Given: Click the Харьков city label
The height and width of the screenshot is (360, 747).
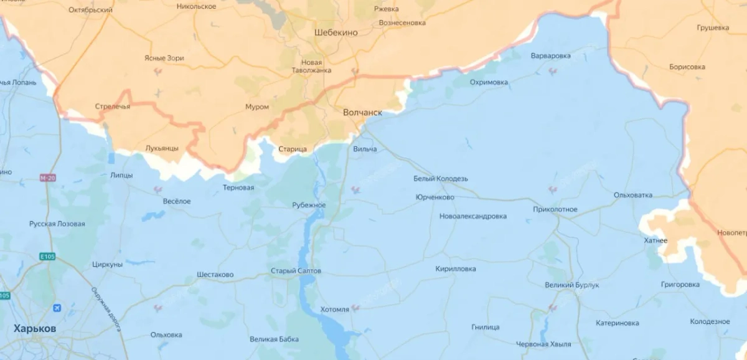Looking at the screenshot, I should (35, 328).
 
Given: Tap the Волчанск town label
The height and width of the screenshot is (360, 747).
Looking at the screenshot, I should (362, 113).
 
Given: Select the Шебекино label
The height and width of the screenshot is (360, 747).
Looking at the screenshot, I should (336, 32).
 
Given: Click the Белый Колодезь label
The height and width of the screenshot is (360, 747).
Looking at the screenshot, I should (440, 179).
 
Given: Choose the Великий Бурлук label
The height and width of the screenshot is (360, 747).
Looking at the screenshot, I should (571, 285).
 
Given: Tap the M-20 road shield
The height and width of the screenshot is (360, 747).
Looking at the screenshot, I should (47, 178).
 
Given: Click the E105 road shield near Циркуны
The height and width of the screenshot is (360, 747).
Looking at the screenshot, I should (48, 256).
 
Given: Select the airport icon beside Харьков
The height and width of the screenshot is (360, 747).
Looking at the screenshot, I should (57, 308).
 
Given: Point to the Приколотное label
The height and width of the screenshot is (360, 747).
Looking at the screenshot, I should (555, 209).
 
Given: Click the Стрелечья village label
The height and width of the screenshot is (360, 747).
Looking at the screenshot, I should (113, 107).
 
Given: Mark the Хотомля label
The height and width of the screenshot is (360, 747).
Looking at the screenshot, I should (334, 309).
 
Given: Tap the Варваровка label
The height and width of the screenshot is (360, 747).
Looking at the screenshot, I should (550, 56).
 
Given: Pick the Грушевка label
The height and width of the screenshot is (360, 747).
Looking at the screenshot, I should (713, 28).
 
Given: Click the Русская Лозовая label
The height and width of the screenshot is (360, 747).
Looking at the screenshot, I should (57, 224).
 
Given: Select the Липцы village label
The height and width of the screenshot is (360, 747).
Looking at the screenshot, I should (121, 175).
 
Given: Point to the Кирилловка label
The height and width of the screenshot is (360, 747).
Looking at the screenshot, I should (456, 268).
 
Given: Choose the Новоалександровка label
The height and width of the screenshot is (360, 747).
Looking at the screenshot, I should (472, 216).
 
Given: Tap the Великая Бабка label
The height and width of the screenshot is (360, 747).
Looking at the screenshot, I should (274, 339).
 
